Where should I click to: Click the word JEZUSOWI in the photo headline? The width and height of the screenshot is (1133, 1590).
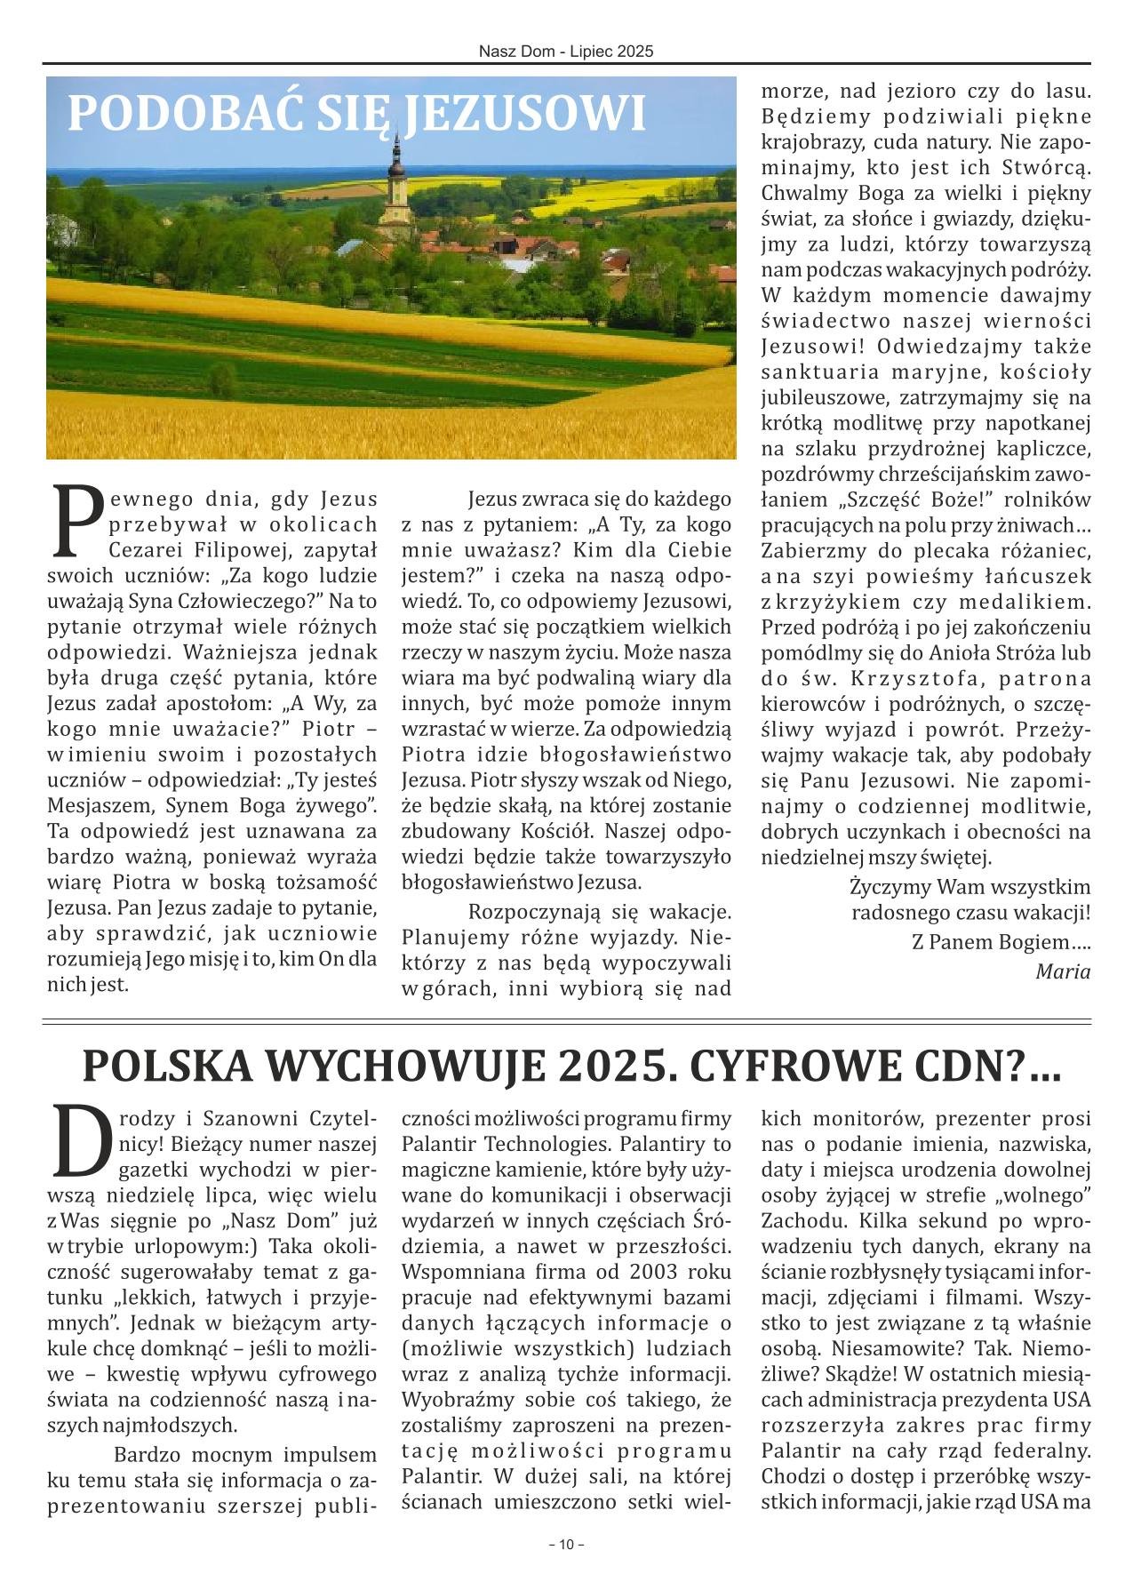point(524,114)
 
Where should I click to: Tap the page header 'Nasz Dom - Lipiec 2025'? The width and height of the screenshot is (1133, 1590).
point(566,52)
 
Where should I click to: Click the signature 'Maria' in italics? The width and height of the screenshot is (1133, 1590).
point(1063,971)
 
